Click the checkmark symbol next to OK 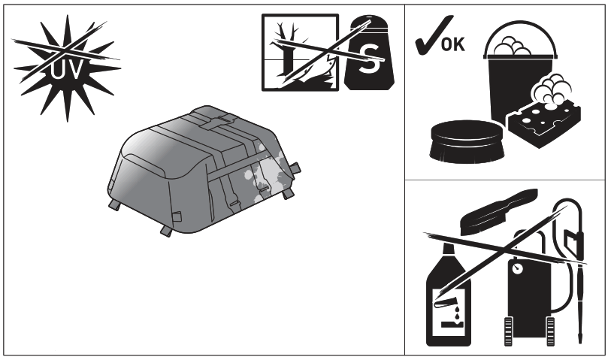tap(425, 39)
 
